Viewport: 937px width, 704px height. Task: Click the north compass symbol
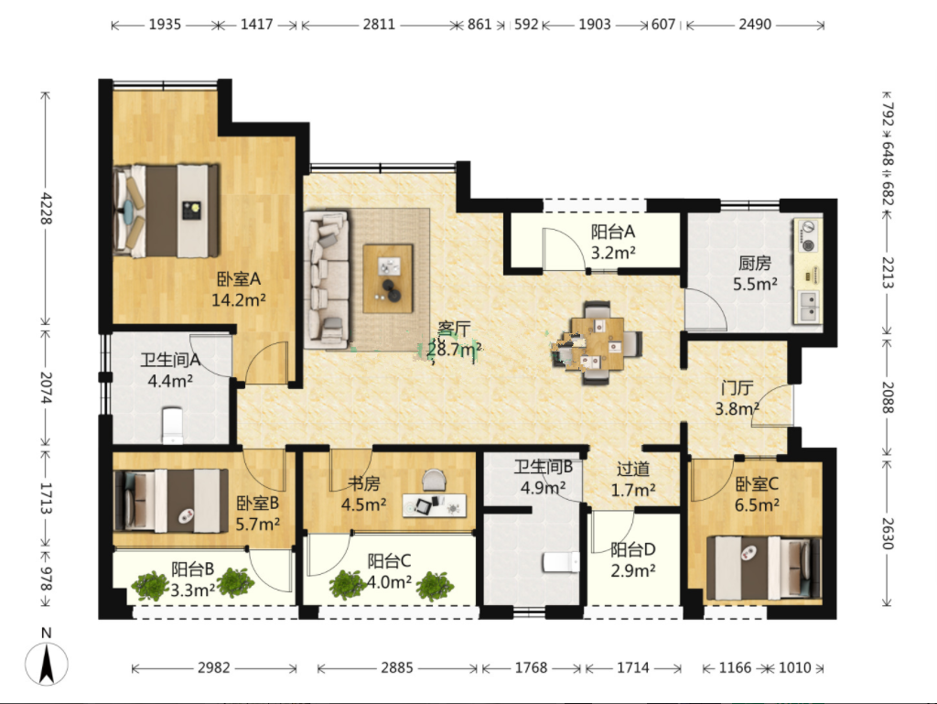[46, 662]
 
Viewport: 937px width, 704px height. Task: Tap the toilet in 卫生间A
[172, 426]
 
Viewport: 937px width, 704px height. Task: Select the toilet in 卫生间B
[561, 562]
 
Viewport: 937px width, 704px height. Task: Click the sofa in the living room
[327, 278]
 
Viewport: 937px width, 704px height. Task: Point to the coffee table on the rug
[388, 278]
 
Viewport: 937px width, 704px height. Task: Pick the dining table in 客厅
[597, 343]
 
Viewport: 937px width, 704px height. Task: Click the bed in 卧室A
[167, 211]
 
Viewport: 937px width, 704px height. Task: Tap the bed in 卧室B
[171, 501]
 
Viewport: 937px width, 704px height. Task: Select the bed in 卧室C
[764, 568]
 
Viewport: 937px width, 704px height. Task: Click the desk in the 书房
[435, 505]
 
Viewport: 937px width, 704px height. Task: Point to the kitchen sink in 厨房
[808, 306]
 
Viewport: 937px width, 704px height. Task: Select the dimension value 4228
[46, 209]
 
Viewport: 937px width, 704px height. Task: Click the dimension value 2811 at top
[379, 25]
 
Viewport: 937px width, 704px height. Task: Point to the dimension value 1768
[531, 667]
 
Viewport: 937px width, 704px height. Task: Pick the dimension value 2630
[888, 534]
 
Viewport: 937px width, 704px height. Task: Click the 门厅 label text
[737, 388]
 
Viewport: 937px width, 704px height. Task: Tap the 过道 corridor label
[633, 470]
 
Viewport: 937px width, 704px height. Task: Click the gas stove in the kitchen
[808, 237]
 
